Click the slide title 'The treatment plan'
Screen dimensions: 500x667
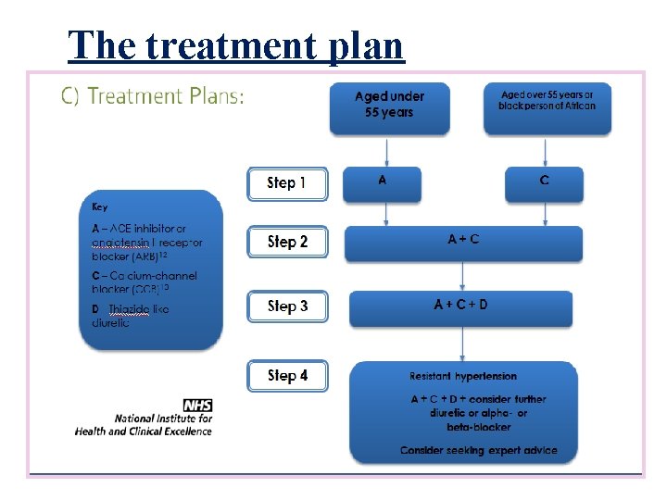click(x=236, y=44)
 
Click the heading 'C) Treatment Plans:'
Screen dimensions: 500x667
click(x=153, y=95)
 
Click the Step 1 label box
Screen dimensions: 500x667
click(x=287, y=183)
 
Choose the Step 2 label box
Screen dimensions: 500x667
click(x=287, y=243)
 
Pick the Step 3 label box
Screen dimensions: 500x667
click(x=287, y=306)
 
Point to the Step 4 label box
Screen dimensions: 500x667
click(x=287, y=376)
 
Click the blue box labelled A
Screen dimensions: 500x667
click(x=382, y=182)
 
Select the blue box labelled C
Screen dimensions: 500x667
click(x=544, y=182)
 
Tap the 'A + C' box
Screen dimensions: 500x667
click(x=463, y=242)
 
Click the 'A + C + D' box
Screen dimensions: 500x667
click(x=460, y=307)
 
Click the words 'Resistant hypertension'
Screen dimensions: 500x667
click(x=463, y=376)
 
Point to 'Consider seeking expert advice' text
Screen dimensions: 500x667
click(x=478, y=450)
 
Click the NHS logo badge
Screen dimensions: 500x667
click(x=197, y=405)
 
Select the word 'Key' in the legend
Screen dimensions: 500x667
click(x=99, y=206)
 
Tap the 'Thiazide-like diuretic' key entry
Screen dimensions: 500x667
click(x=130, y=316)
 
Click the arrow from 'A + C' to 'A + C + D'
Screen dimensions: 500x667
click(x=463, y=276)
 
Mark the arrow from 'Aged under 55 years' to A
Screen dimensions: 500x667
click(x=386, y=151)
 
